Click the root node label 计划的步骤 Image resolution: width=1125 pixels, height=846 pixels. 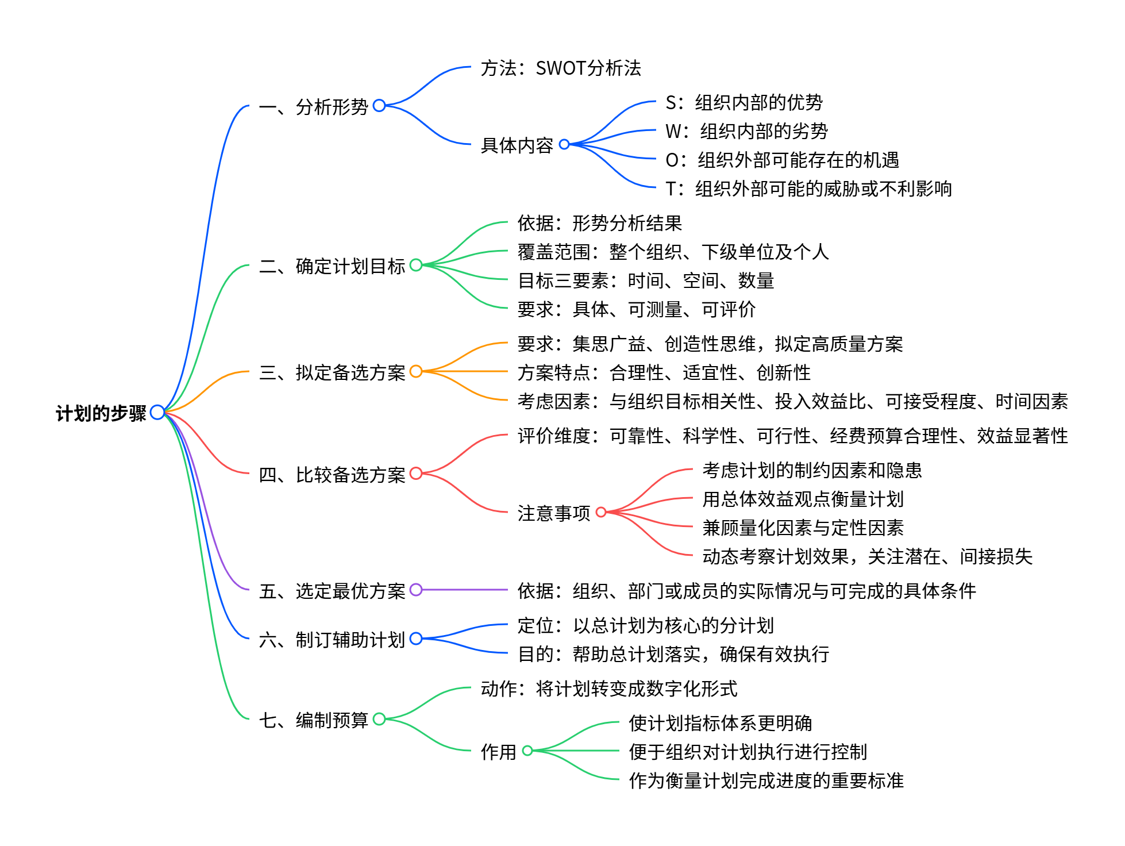[101, 413]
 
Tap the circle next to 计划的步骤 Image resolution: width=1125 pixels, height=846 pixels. [157, 412]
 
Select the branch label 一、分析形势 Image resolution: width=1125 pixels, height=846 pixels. [313, 107]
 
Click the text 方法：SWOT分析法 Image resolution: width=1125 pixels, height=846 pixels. [560, 68]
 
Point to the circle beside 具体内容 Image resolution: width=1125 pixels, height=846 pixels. [564, 144]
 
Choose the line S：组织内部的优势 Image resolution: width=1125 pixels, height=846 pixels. [743, 103]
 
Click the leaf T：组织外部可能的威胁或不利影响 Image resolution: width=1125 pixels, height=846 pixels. [808, 189]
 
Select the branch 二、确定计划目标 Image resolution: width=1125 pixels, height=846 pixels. [332, 266]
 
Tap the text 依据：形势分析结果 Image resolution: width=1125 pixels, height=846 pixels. [599, 224]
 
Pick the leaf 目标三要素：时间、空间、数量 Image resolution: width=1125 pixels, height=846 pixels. [646, 281]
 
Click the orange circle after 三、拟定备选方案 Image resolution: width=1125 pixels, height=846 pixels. [416, 372]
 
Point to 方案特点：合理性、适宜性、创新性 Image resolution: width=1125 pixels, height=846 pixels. [664, 373]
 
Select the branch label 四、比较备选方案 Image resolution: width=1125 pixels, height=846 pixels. [332, 475]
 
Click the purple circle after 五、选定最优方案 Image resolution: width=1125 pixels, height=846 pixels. [416, 590]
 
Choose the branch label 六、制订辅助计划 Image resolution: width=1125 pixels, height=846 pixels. [332, 640]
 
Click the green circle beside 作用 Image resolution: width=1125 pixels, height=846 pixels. [527, 751]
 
